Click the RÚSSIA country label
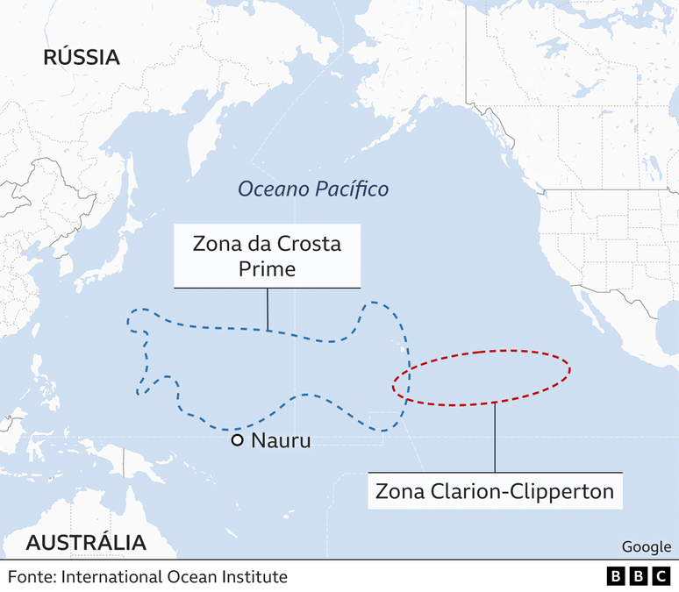(x=82, y=58)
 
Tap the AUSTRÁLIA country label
(x=86, y=542)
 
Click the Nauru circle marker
(x=237, y=440)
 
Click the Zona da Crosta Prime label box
(x=267, y=256)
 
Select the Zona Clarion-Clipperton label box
(x=495, y=490)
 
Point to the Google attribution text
(x=646, y=546)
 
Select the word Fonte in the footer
(x=31, y=576)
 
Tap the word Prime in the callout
(x=267, y=269)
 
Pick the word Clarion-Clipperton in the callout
(x=525, y=490)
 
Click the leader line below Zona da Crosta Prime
(x=268, y=309)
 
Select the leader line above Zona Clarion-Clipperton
(x=495, y=439)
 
